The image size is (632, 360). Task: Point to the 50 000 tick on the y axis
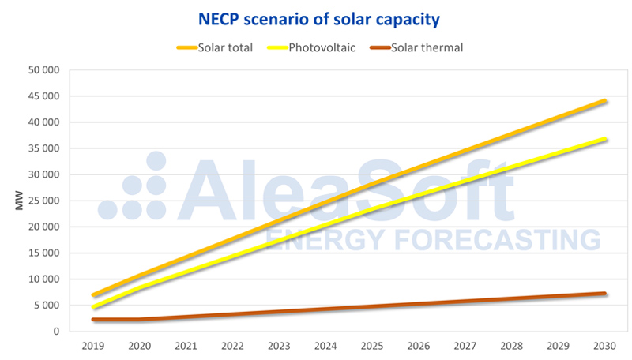point(44,70)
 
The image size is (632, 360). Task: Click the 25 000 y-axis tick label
point(44,201)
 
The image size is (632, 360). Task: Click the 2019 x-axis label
point(94,346)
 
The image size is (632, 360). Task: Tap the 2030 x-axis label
point(605,346)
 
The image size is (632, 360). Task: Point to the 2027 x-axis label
point(465,346)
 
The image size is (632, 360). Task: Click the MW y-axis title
point(19,201)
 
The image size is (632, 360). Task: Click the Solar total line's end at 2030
point(605,101)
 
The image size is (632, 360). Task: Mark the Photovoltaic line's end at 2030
point(605,139)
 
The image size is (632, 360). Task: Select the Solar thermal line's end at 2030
point(605,294)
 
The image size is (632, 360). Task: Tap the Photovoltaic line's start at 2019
point(94,307)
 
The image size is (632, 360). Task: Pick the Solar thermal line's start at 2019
point(94,320)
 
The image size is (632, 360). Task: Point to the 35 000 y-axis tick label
point(44,148)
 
